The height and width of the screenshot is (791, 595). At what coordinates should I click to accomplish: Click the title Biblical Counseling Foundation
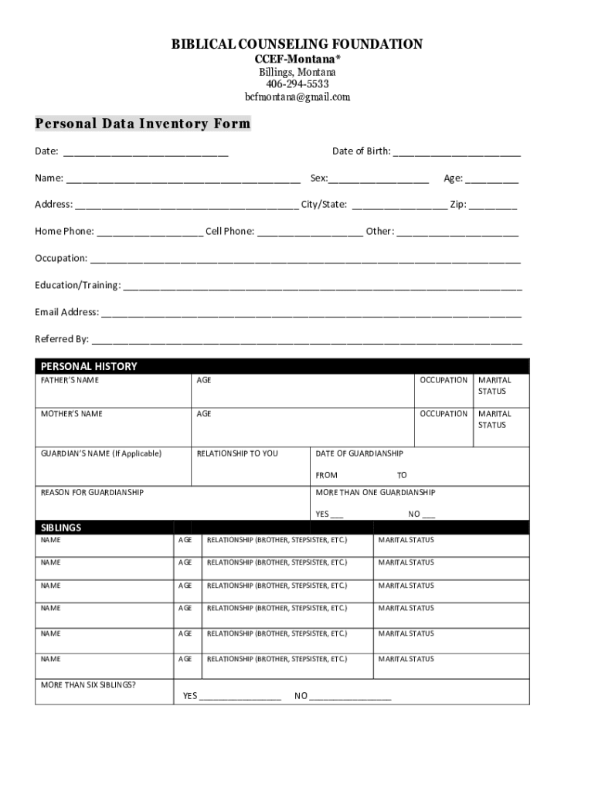click(x=297, y=44)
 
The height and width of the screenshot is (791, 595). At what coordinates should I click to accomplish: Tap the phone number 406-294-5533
click(x=297, y=84)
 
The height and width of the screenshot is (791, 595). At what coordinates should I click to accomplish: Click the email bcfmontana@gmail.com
click(x=297, y=97)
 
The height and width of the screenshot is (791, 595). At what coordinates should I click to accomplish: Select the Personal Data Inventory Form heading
click(x=143, y=124)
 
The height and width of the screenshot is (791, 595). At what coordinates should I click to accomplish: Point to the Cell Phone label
click(x=229, y=231)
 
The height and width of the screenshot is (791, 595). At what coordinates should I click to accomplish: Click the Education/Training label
click(x=77, y=285)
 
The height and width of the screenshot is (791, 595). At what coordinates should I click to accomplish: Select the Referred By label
click(x=62, y=339)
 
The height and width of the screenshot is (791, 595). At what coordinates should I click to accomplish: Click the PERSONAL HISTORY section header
click(x=89, y=366)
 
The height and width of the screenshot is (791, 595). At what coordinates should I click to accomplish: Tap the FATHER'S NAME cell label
click(x=70, y=380)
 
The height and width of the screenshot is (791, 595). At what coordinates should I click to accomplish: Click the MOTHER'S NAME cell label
click(x=71, y=414)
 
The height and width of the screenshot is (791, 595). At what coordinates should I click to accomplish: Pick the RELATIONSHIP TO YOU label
click(x=237, y=453)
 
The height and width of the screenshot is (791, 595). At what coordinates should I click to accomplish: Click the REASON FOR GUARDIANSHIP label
click(x=92, y=492)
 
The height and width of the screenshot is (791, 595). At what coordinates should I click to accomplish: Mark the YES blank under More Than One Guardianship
click(x=337, y=515)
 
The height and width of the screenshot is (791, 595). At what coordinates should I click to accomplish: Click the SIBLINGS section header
click(x=61, y=528)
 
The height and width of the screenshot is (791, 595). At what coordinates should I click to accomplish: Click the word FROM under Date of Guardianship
click(x=327, y=475)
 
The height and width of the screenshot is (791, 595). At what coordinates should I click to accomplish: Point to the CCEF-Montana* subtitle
click(x=297, y=59)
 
